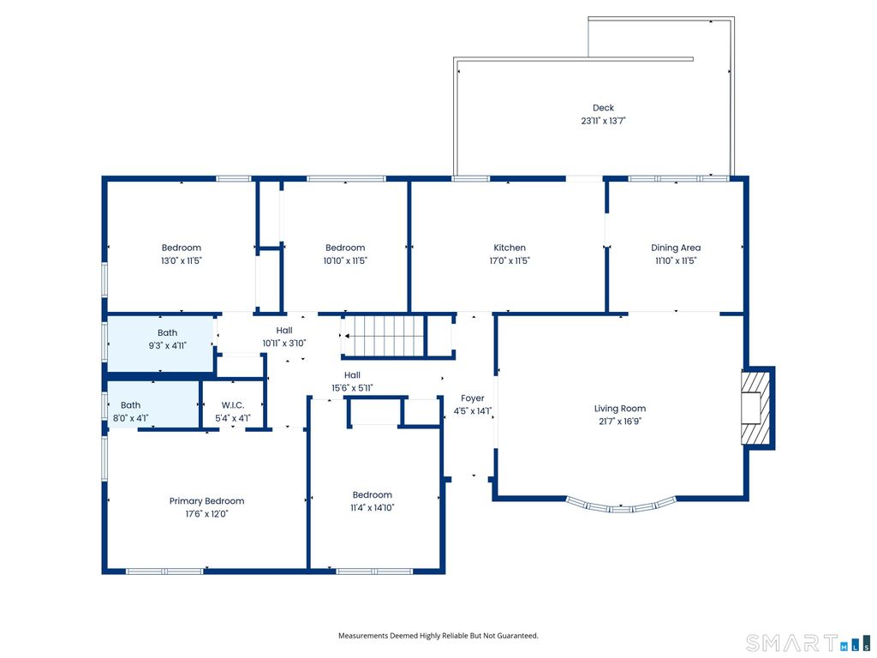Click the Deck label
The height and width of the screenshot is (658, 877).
(603, 107)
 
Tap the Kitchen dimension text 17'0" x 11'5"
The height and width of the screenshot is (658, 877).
(510, 260)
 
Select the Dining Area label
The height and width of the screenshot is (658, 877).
(676, 248)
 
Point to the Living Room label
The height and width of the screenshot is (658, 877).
(620, 409)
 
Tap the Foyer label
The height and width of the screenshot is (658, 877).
(473, 398)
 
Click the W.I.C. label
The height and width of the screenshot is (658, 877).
(233, 405)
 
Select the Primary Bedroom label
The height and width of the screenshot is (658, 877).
(207, 500)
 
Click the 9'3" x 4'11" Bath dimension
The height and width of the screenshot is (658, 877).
(167, 345)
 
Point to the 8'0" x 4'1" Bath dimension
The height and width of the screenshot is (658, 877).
(130, 417)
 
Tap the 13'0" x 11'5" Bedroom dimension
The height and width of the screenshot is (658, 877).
(182, 260)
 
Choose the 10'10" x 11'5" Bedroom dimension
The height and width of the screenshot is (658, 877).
(345, 260)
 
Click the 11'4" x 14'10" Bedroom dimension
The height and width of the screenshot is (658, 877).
(372, 507)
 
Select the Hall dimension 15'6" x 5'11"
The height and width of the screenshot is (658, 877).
(352, 388)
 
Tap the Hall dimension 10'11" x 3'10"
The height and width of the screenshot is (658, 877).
(284, 343)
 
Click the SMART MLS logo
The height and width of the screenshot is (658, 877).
(808, 643)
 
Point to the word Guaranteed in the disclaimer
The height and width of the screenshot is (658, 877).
(518, 636)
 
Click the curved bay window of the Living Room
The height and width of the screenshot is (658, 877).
(621, 505)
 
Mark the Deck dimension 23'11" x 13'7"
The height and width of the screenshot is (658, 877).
(603, 120)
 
